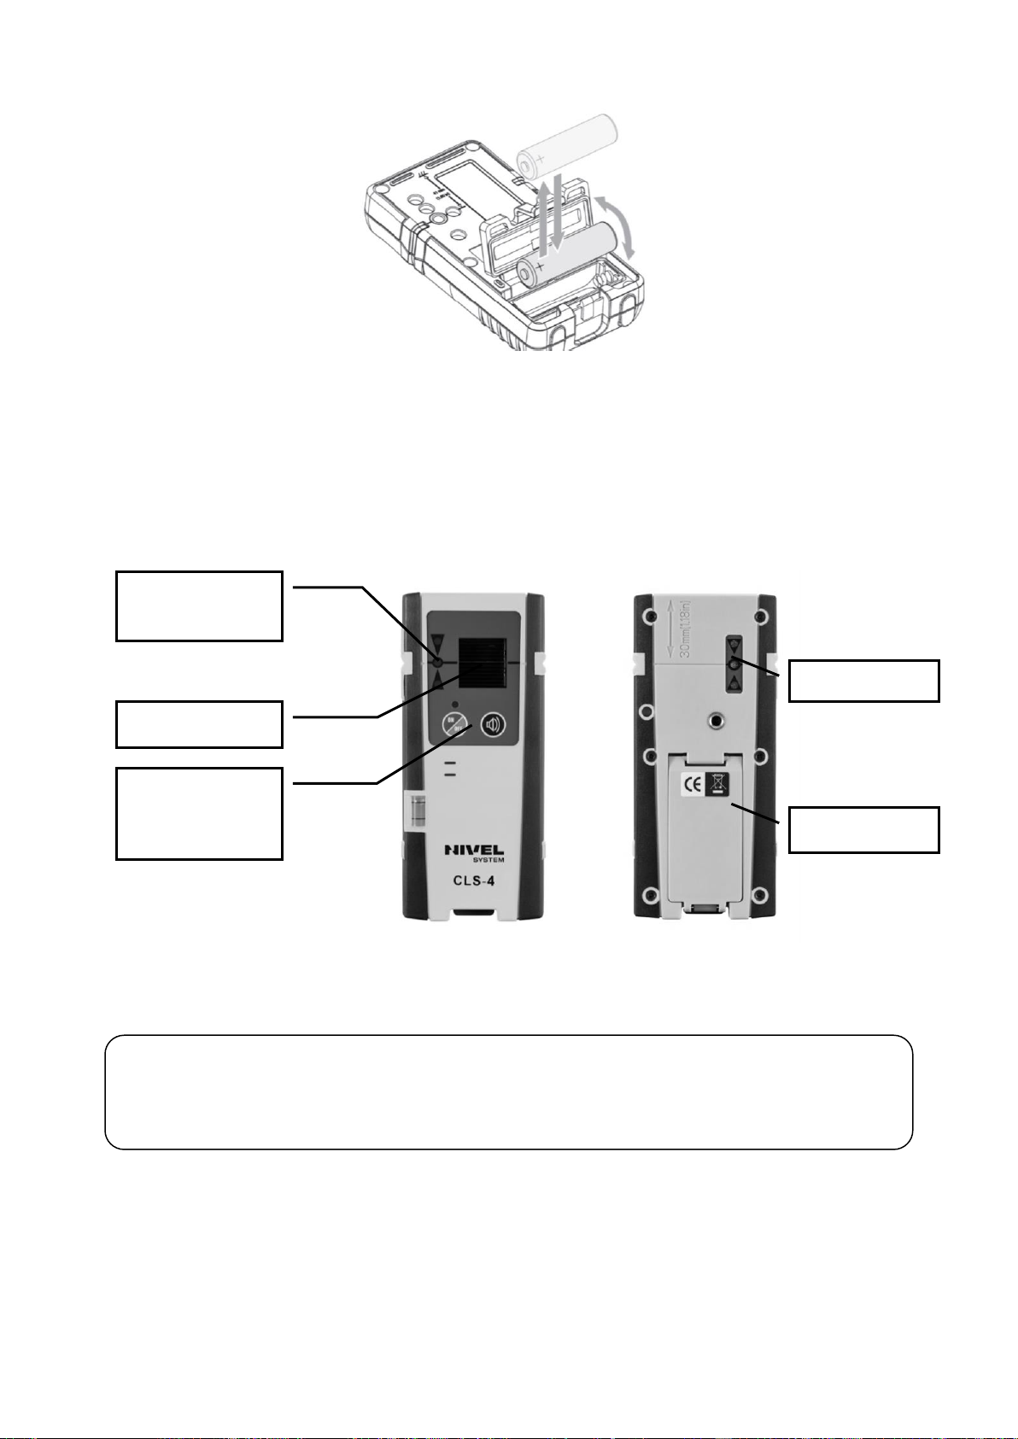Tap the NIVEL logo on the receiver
click(473, 850)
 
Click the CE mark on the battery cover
click(692, 785)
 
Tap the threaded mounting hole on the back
click(717, 722)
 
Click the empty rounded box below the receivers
click(508, 1092)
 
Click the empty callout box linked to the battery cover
click(863, 829)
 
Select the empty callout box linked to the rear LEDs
click(863, 680)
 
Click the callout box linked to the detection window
click(199, 724)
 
